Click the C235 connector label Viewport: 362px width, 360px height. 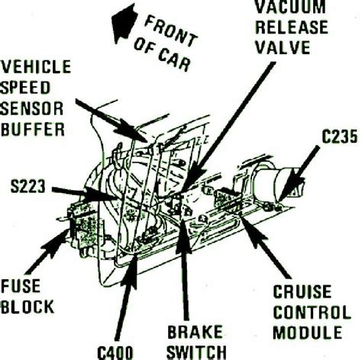(x=339, y=137)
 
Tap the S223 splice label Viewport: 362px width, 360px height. (x=27, y=186)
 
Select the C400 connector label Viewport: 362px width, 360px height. (x=115, y=353)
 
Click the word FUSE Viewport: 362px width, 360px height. (x=21, y=286)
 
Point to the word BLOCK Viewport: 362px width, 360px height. (x=27, y=307)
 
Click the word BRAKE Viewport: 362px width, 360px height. (x=195, y=332)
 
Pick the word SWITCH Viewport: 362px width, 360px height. (x=196, y=352)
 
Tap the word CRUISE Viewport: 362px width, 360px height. (x=302, y=291)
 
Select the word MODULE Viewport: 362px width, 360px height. (x=308, y=333)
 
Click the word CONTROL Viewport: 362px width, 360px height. (x=312, y=312)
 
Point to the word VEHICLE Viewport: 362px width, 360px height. (x=36, y=66)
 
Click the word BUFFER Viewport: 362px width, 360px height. (x=33, y=129)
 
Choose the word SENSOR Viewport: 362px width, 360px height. (x=32, y=108)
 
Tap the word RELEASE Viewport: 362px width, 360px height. (x=292, y=27)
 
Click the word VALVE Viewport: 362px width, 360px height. (x=283, y=47)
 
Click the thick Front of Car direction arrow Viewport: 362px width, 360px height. (x=124, y=23)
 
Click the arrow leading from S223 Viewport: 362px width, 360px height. (x=83, y=194)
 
